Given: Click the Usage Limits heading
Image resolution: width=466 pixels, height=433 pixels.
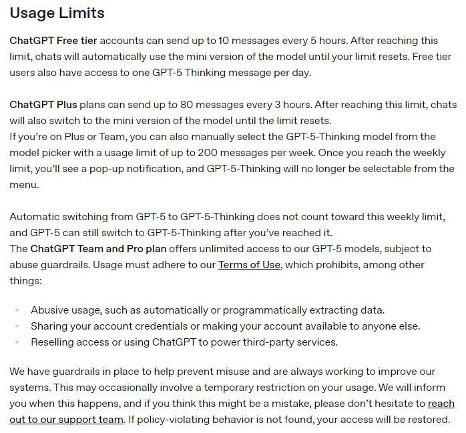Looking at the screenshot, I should point(57,13).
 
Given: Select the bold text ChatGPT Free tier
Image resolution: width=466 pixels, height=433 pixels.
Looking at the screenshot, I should point(53,41).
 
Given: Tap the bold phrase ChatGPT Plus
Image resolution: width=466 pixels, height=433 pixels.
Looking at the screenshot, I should point(44,105).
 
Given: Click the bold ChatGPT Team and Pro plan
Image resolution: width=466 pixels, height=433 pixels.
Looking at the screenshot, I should point(99,249).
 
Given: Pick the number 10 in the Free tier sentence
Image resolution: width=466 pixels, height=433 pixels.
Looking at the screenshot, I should point(202,41).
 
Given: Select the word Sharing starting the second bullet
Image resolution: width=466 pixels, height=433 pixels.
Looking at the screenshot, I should point(51,326).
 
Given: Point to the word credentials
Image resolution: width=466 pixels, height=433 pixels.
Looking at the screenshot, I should point(167,326).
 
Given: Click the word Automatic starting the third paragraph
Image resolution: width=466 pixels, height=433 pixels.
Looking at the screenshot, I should point(36,217).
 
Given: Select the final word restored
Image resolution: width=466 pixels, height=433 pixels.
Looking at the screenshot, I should point(428,420).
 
